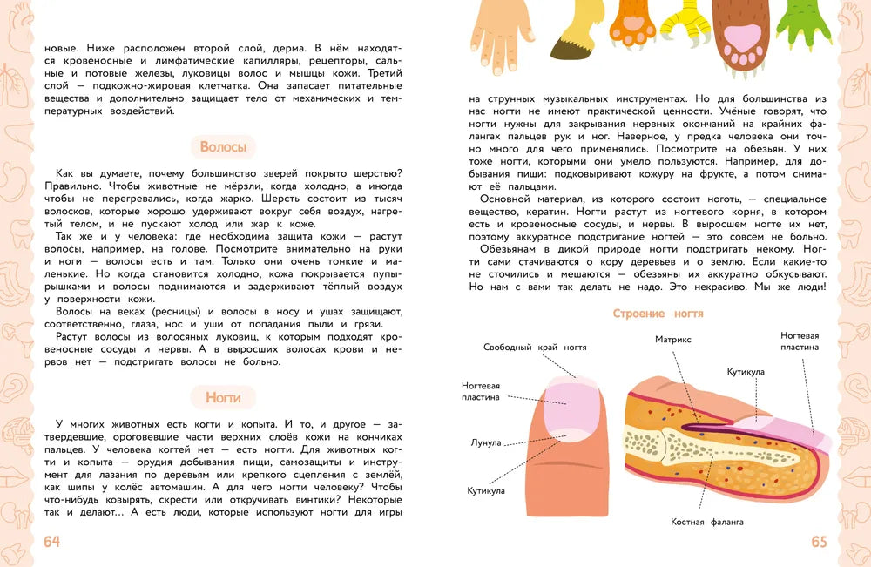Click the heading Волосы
coord(223,147)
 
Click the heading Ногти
coord(223,398)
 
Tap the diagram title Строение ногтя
coord(658,314)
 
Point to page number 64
coord(51,542)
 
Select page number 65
coord(819,542)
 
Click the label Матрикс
coord(673,339)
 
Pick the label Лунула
coord(486,442)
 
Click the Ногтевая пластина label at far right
coord(800,341)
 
